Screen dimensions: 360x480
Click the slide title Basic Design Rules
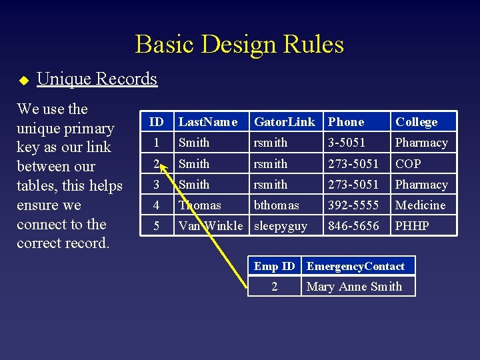(239, 45)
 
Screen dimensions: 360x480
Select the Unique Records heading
(97, 79)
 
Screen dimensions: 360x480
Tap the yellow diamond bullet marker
(23, 81)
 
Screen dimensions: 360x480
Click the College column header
(417, 122)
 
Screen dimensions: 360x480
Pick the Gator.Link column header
(285, 122)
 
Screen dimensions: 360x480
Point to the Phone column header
(346, 122)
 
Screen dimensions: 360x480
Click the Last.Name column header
(208, 122)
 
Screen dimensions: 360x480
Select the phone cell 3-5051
(347, 143)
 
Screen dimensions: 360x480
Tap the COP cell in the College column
(408, 164)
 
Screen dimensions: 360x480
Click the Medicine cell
(420, 205)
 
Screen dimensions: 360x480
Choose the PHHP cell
(412, 226)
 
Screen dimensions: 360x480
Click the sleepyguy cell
(281, 226)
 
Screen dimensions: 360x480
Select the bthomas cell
(277, 205)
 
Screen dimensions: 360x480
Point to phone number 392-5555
(353, 205)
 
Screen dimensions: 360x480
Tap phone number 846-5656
(353, 226)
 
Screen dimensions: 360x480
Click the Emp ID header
(274, 267)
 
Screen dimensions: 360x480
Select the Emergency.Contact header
(355, 267)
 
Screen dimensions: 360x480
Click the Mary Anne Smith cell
(354, 287)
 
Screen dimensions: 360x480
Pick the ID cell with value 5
(157, 226)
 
